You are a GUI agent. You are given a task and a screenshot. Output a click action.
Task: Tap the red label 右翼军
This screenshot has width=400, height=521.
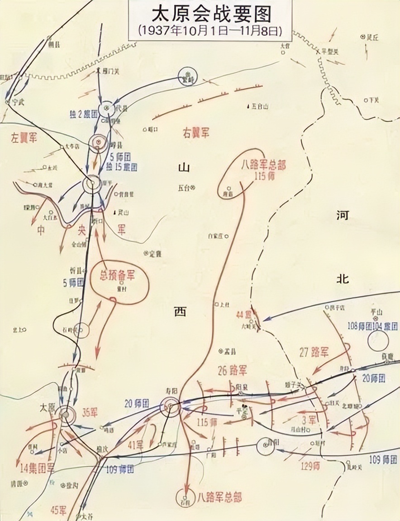pyautogui.click(x=196, y=133)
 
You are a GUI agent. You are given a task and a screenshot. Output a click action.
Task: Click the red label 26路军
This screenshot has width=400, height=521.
pyautogui.click(x=232, y=371)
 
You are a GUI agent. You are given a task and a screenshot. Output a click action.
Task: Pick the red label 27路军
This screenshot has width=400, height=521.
pyautogui.click(x=314, y=352)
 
